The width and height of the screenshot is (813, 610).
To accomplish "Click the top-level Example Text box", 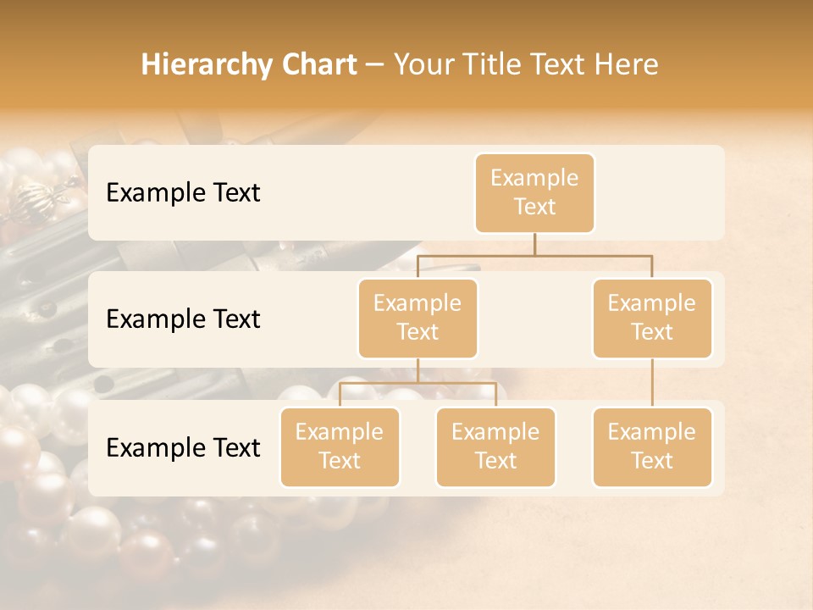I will [534, 192].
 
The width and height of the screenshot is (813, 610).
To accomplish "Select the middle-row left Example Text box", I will [418, 318].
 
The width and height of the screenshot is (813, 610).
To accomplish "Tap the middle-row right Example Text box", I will [652, 318].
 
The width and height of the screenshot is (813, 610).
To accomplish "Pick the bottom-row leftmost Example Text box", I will [340, 446].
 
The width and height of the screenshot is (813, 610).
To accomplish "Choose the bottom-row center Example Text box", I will [495, 446].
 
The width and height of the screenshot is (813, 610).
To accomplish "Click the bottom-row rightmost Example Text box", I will [652, 446].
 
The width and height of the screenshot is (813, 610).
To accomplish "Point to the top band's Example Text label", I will [183, 192].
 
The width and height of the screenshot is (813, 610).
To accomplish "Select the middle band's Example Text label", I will [183, 319].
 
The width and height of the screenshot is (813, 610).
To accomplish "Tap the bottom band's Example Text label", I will [183, 447].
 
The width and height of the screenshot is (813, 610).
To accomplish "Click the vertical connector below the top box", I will [534, 244].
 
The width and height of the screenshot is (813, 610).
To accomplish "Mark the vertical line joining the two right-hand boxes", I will [652, 382].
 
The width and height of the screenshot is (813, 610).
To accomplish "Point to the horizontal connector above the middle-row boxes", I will [534, 255].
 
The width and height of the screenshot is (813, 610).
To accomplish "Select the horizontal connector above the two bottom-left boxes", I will [418, 383].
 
